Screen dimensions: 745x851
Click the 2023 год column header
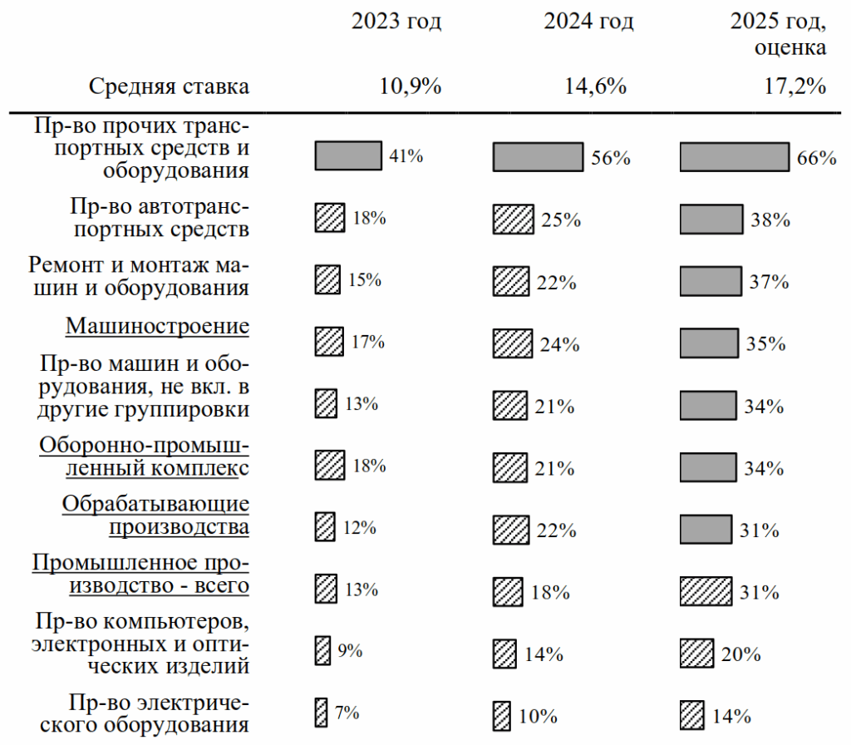coord(396,22)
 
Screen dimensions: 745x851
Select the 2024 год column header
coord(588,22)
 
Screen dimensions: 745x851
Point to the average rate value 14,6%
coord(596,86)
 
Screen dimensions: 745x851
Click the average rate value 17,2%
coord(795,86)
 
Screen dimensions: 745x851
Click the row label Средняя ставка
coord(169,86)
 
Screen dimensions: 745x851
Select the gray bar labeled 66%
coord(734,157)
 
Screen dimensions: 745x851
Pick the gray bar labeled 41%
coord(348,155)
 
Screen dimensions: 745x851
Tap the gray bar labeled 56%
coord(539,157)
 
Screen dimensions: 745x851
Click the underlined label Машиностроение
coord(157,325)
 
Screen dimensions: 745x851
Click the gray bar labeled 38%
coord(711,220)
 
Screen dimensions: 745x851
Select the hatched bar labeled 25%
coord(514,220)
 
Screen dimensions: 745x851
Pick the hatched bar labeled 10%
coord(501,714)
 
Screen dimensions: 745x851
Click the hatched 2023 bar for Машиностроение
coord(328,341)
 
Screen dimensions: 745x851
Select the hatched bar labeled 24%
coord(513,343)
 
